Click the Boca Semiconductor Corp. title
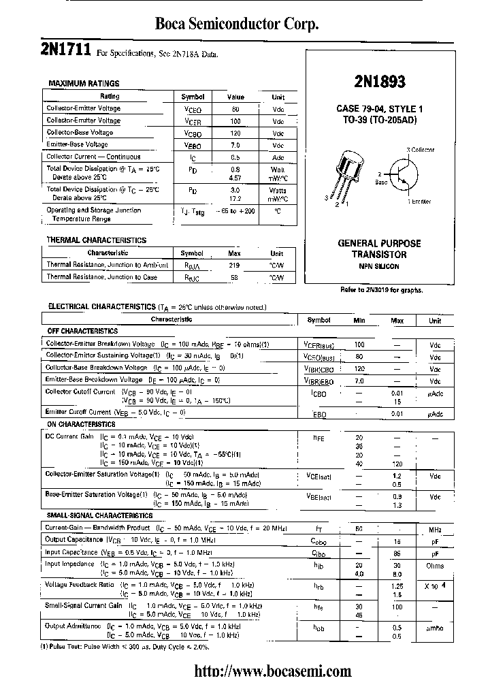(x=238, y=25)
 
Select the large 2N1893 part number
(x=380, y=82)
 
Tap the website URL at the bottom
(x=273, y=671)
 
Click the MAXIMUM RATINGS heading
(x=84, y=83)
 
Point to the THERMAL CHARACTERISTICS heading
(x=96, y=240)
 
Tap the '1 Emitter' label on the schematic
(x=419, y=202)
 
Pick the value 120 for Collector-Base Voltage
(x=235, y=133)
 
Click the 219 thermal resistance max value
(x=234, y=265)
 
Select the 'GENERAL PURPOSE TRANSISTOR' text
(x=379, y=249)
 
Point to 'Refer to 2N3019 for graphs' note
(x=381, y=290)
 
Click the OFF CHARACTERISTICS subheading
(x=82, y=331)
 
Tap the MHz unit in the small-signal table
(x=435, y=528)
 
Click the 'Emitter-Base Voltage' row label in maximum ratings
(x=77, y=144)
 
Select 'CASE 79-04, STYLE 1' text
(x=379, y=109)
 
